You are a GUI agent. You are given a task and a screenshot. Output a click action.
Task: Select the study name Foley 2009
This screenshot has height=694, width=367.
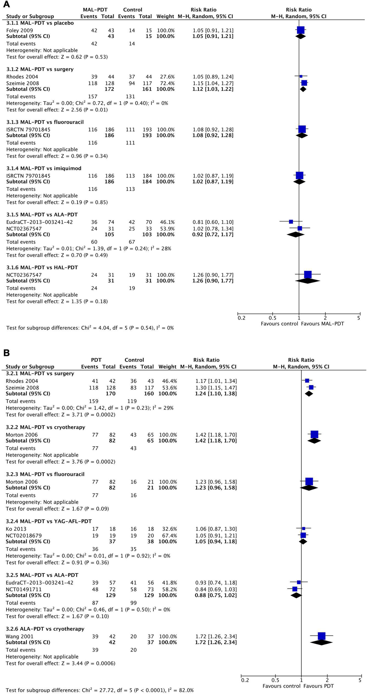coord(19,30)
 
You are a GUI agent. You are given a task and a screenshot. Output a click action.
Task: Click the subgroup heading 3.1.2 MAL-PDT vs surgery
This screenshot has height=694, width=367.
coord(40,69)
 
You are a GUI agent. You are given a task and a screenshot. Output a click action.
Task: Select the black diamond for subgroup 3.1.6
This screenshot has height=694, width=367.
coord(308,281)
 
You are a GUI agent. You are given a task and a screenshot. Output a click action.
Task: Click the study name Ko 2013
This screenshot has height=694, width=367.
coord(16,529)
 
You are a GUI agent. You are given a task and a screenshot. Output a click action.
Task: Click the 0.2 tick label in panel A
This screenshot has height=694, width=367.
coord(241,318)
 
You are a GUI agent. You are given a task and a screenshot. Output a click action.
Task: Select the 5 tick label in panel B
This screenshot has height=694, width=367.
coord(360,680)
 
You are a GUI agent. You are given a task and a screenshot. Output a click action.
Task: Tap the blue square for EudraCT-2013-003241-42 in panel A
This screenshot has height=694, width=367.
coord(291,222)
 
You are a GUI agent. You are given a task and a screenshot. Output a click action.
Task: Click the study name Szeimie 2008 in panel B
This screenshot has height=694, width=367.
coord(22,388)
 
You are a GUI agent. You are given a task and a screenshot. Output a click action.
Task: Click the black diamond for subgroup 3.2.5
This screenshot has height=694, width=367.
coord(296,595)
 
